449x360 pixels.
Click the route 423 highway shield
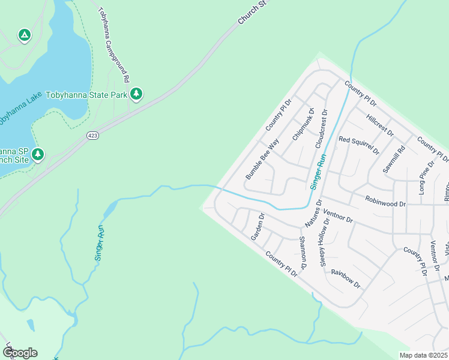point(92,136)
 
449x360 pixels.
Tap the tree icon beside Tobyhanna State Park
point(137,94)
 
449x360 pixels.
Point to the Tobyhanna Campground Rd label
point(113,45)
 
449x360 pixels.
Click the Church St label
point(252,12)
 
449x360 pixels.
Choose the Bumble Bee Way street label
point(262,160)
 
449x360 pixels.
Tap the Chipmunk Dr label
point(303,125)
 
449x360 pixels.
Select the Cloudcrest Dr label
point(321,128)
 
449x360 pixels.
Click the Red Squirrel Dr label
point(359,144)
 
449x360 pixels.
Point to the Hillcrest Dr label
point(379,125)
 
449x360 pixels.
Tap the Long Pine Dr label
point(427,178)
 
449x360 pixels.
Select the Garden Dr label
point(258,227)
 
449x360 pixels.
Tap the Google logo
point(20,352)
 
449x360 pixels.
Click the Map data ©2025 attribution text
point(423,355)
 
